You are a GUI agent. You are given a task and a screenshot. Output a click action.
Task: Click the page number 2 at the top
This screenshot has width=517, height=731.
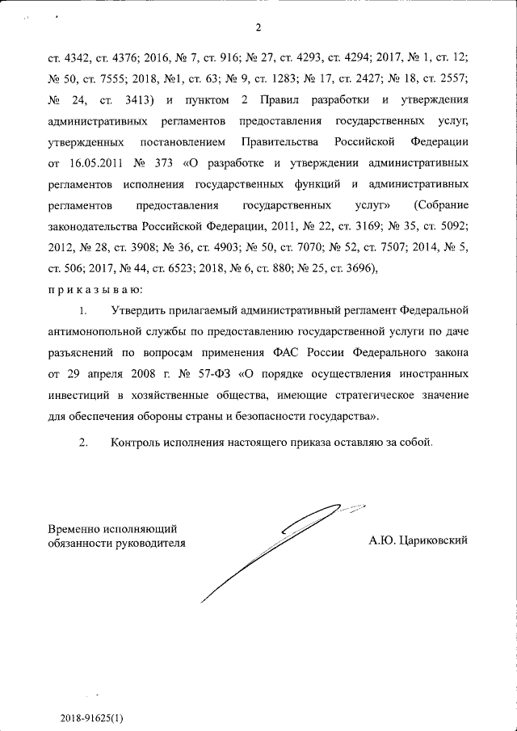click(258, 29)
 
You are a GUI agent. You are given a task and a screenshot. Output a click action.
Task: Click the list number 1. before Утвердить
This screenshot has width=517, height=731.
click(82, 310)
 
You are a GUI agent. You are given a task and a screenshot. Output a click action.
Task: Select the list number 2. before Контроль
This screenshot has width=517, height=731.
click(82, 443)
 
